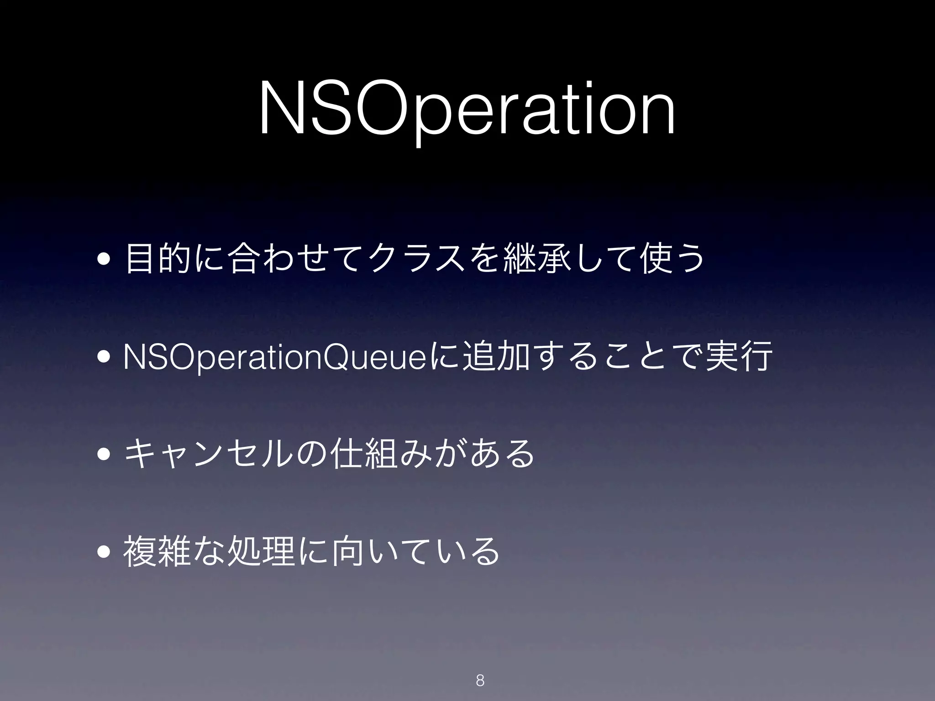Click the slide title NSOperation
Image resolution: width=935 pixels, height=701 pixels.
(467, 109)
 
